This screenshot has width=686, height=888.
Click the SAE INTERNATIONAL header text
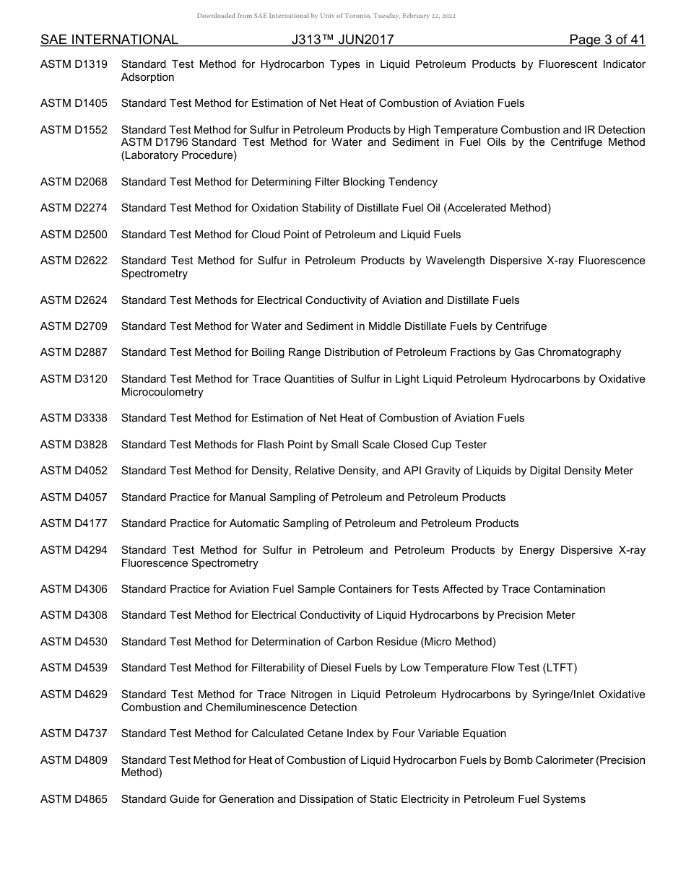109,40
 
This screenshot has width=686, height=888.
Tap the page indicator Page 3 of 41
607,40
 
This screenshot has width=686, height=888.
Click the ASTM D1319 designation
74,64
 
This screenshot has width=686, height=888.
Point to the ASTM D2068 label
74,182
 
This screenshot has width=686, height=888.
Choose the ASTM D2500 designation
74,235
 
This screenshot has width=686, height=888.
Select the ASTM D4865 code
74,799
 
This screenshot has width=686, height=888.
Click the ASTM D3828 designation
74,445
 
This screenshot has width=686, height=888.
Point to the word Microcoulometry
162,393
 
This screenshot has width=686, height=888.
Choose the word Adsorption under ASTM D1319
147,77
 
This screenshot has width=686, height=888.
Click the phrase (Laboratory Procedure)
178,156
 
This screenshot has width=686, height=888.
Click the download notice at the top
326,16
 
